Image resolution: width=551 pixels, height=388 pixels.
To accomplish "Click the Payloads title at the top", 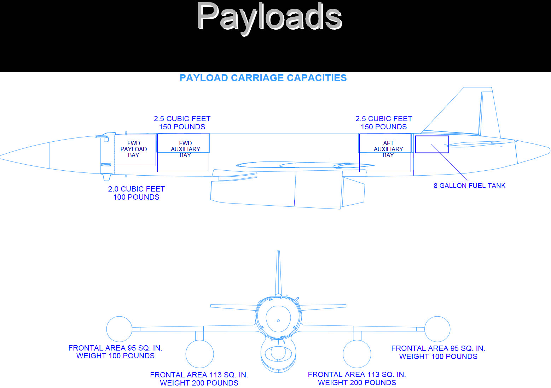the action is click(269, 18).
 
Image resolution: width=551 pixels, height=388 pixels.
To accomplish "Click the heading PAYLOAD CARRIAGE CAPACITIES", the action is click(263, 78).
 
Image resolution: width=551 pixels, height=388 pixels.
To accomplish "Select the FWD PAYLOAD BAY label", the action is click(134, 149).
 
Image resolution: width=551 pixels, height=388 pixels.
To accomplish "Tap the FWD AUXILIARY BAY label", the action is click(185, 149).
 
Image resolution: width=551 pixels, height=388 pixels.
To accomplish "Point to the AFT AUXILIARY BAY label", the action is click(388, 149).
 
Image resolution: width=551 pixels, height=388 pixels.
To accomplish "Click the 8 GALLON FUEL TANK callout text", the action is click(469, 186).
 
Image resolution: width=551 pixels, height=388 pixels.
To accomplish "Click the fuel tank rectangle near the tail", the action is click(432, 136).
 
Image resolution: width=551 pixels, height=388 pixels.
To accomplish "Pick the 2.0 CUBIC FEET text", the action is click(136, 189).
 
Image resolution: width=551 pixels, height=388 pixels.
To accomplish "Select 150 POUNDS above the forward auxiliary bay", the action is click(182, 127).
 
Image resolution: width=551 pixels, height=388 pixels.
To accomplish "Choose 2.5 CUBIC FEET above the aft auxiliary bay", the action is click(384, 119).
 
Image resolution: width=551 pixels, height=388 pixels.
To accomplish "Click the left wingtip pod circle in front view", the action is click(119, 317).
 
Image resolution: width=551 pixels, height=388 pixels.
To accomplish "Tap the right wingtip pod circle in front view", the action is click(437, 317).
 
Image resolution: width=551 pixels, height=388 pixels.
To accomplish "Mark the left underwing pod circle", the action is click(200, 340).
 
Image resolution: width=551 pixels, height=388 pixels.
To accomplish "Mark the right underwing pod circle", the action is click(357, 340).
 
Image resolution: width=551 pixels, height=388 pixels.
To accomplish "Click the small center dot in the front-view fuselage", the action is click(278, 321).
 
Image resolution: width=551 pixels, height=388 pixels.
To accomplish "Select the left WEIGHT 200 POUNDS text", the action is click(199, 383).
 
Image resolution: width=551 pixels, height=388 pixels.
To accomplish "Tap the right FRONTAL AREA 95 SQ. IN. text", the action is click(438, 348).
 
